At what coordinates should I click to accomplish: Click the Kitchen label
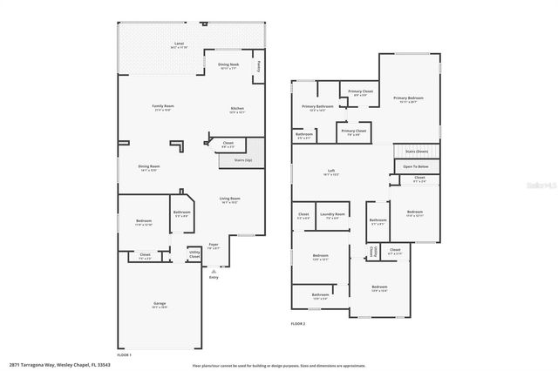click(236, 109)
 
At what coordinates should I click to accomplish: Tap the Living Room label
click(229, 199)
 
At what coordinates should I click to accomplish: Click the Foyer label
click(214, 245)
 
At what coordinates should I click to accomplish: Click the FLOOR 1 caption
click(125, 354)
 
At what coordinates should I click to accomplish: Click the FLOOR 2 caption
click(299, 323)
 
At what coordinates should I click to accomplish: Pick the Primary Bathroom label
click(316, 106)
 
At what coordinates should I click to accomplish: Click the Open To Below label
click(415, 165)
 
